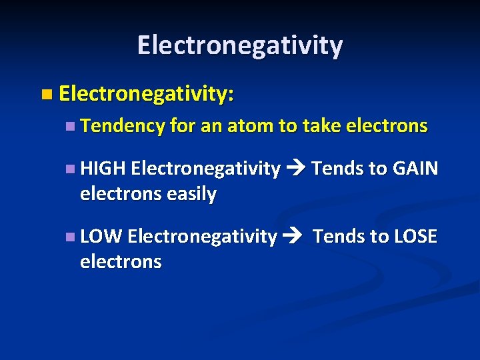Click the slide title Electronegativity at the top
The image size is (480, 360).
click(x=240, y=45)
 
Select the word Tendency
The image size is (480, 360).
click(x=122, y=126)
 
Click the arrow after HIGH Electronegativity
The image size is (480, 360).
click(x=294, y=169)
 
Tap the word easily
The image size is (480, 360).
click(x=191, y=194)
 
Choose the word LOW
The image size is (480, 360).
click(x=101, y=236)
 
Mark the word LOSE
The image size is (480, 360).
click(x=414, y=236)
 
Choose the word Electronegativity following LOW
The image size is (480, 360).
click(x=202, y=236)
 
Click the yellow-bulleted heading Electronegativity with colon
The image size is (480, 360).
click(x=146, y=95)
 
